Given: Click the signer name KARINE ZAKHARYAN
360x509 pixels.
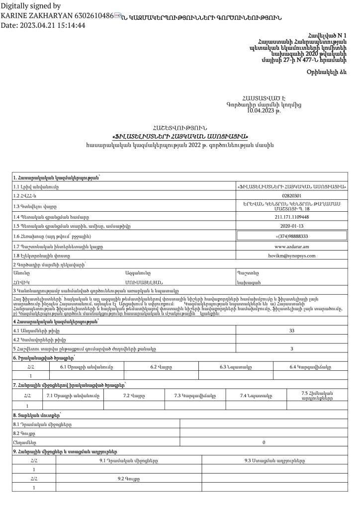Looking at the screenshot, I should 34,16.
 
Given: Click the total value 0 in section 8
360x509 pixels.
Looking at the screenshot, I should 264,442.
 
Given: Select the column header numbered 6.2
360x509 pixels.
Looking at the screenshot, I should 161,367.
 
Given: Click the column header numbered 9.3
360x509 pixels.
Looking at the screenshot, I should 275,460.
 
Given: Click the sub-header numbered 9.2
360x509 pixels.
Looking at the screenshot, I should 129,479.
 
